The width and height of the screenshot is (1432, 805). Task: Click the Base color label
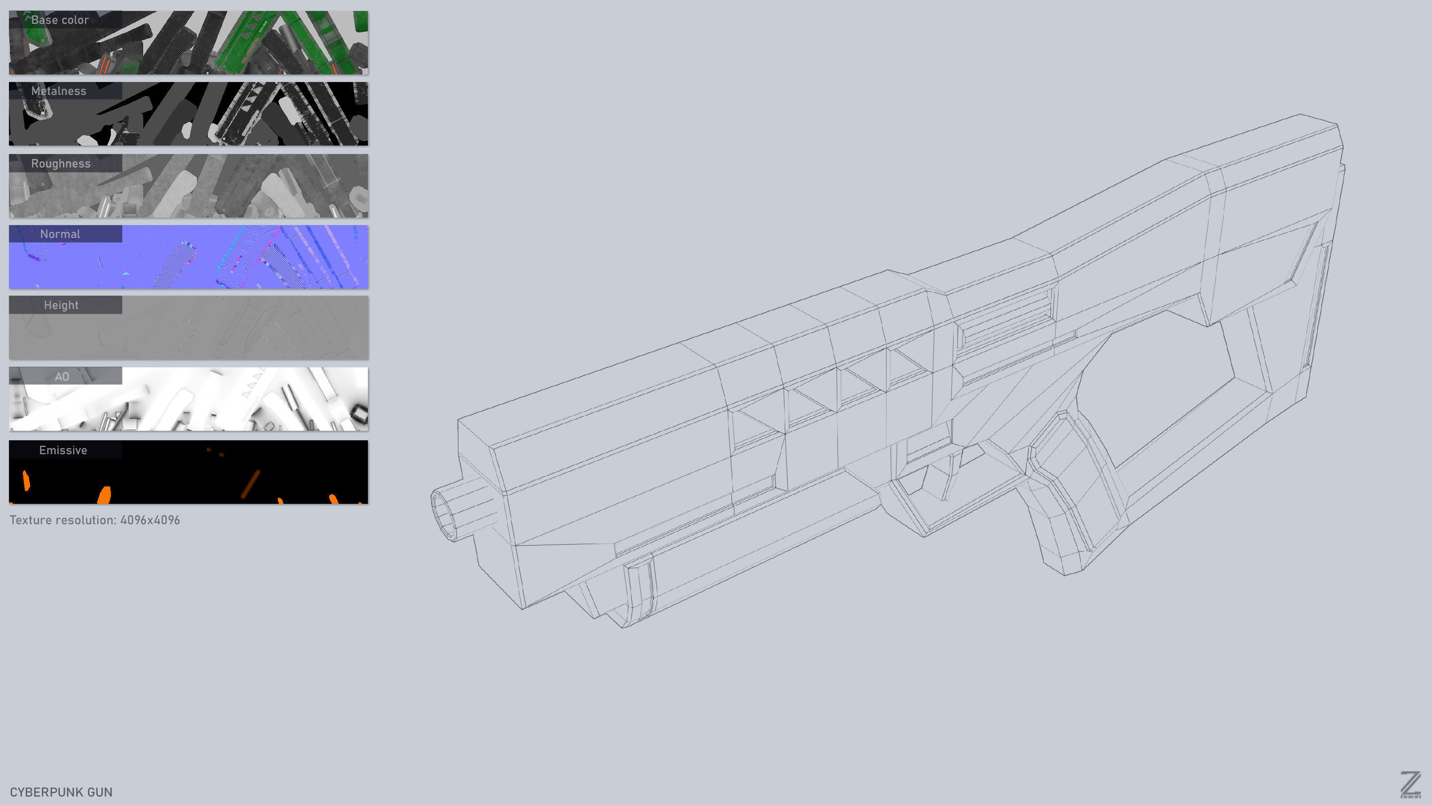point(60,20)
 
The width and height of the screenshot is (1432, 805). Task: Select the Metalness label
point(59,91)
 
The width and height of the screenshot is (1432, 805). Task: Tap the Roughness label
point(61,164)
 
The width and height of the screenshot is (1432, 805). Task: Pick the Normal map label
point(60,235)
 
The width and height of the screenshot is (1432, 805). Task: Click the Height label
point(61,306)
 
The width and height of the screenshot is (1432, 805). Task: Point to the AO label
point(62,377)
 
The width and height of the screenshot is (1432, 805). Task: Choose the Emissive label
point(63,451)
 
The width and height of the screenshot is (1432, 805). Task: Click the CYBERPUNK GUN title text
point(61,792)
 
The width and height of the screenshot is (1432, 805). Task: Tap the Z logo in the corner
point(1410,785)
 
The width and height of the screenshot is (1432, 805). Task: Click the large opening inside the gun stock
point(1162,389)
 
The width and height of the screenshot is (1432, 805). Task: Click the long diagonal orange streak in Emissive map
point(250,484)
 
